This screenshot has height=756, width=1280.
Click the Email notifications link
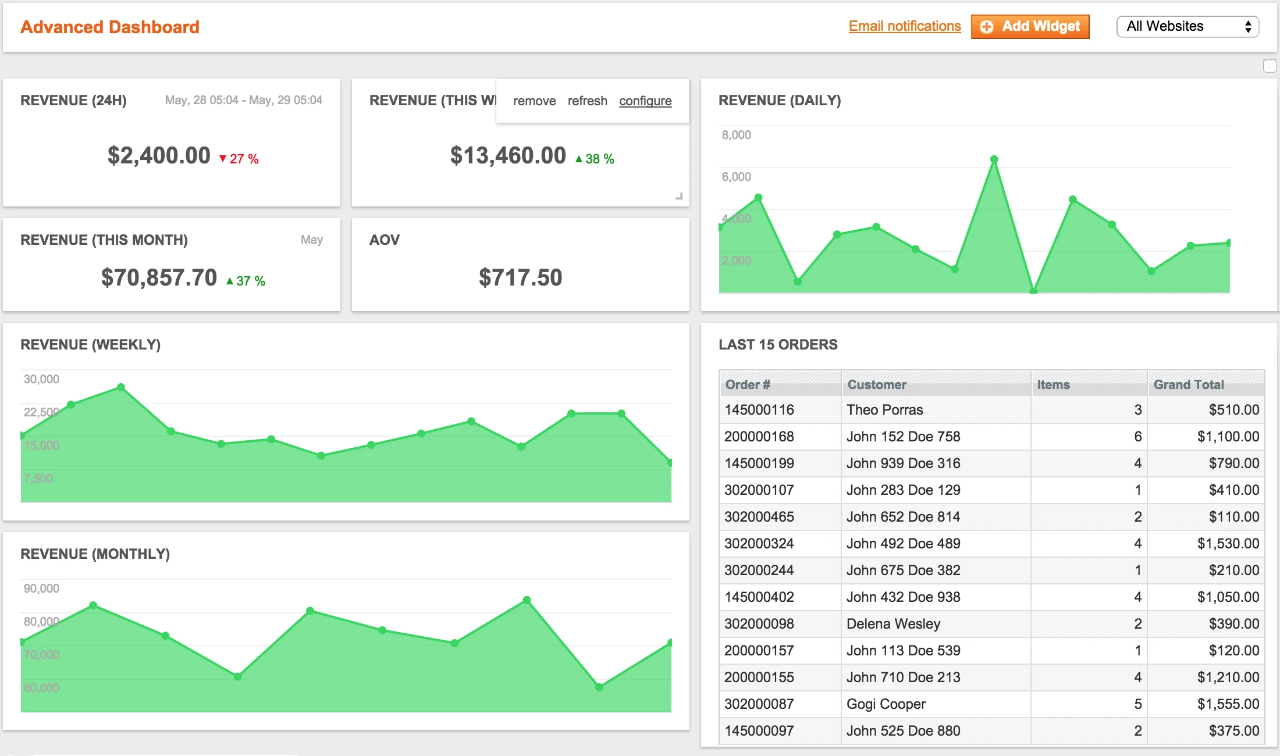point(904,26)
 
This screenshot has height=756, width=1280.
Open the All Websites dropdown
point(1187,26)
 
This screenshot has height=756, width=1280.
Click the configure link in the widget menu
point(645,101)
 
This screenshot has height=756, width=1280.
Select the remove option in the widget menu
point(534,101)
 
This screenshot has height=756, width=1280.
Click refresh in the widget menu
point(587,101)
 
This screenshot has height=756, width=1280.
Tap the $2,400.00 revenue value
point(159,156)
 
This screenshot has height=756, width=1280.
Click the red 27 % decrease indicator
point(239,159)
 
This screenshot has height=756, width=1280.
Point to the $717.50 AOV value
point(520,277)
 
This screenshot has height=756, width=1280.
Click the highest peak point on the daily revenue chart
point(994,159)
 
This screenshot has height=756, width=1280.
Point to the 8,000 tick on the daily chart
point(736,135)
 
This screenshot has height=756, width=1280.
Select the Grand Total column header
point(1189,384)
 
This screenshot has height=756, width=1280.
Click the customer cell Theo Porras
point(884,410)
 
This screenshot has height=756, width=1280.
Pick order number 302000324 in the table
point(759,544)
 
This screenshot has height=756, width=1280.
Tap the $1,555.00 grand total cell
point(1228,704)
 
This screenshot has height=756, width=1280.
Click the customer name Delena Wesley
point(893,624)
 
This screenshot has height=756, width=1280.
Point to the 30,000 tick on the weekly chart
point(41,379)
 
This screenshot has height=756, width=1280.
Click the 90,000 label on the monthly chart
point(41,589)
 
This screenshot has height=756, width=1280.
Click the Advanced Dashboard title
point(110,27)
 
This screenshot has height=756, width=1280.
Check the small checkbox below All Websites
point(1270,66)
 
